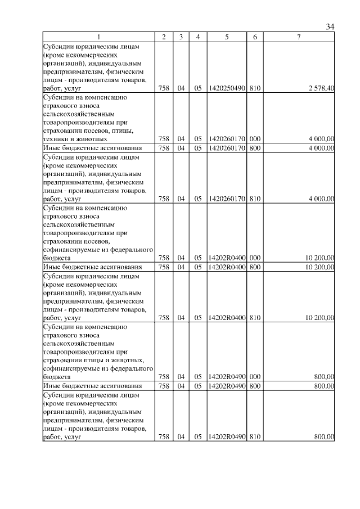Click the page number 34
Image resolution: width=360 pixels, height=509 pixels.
coord(330,26)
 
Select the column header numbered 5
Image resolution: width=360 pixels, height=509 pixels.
coord(226,37)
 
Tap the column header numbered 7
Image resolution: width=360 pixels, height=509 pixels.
coord(299,37)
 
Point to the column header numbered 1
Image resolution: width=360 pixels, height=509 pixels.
coord(98,37)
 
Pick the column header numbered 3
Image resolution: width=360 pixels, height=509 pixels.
coord(181,37)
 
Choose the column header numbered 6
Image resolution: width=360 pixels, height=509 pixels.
coord(255,37)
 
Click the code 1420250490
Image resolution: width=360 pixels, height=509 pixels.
coord(226,88)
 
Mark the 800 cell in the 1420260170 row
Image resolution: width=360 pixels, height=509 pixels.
coord(254,148)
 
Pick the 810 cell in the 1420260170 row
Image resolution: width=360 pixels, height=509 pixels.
coord(254,199)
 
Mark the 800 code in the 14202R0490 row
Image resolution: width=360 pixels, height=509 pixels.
coord(254,386)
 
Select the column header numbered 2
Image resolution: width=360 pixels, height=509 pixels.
coord(163,37)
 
